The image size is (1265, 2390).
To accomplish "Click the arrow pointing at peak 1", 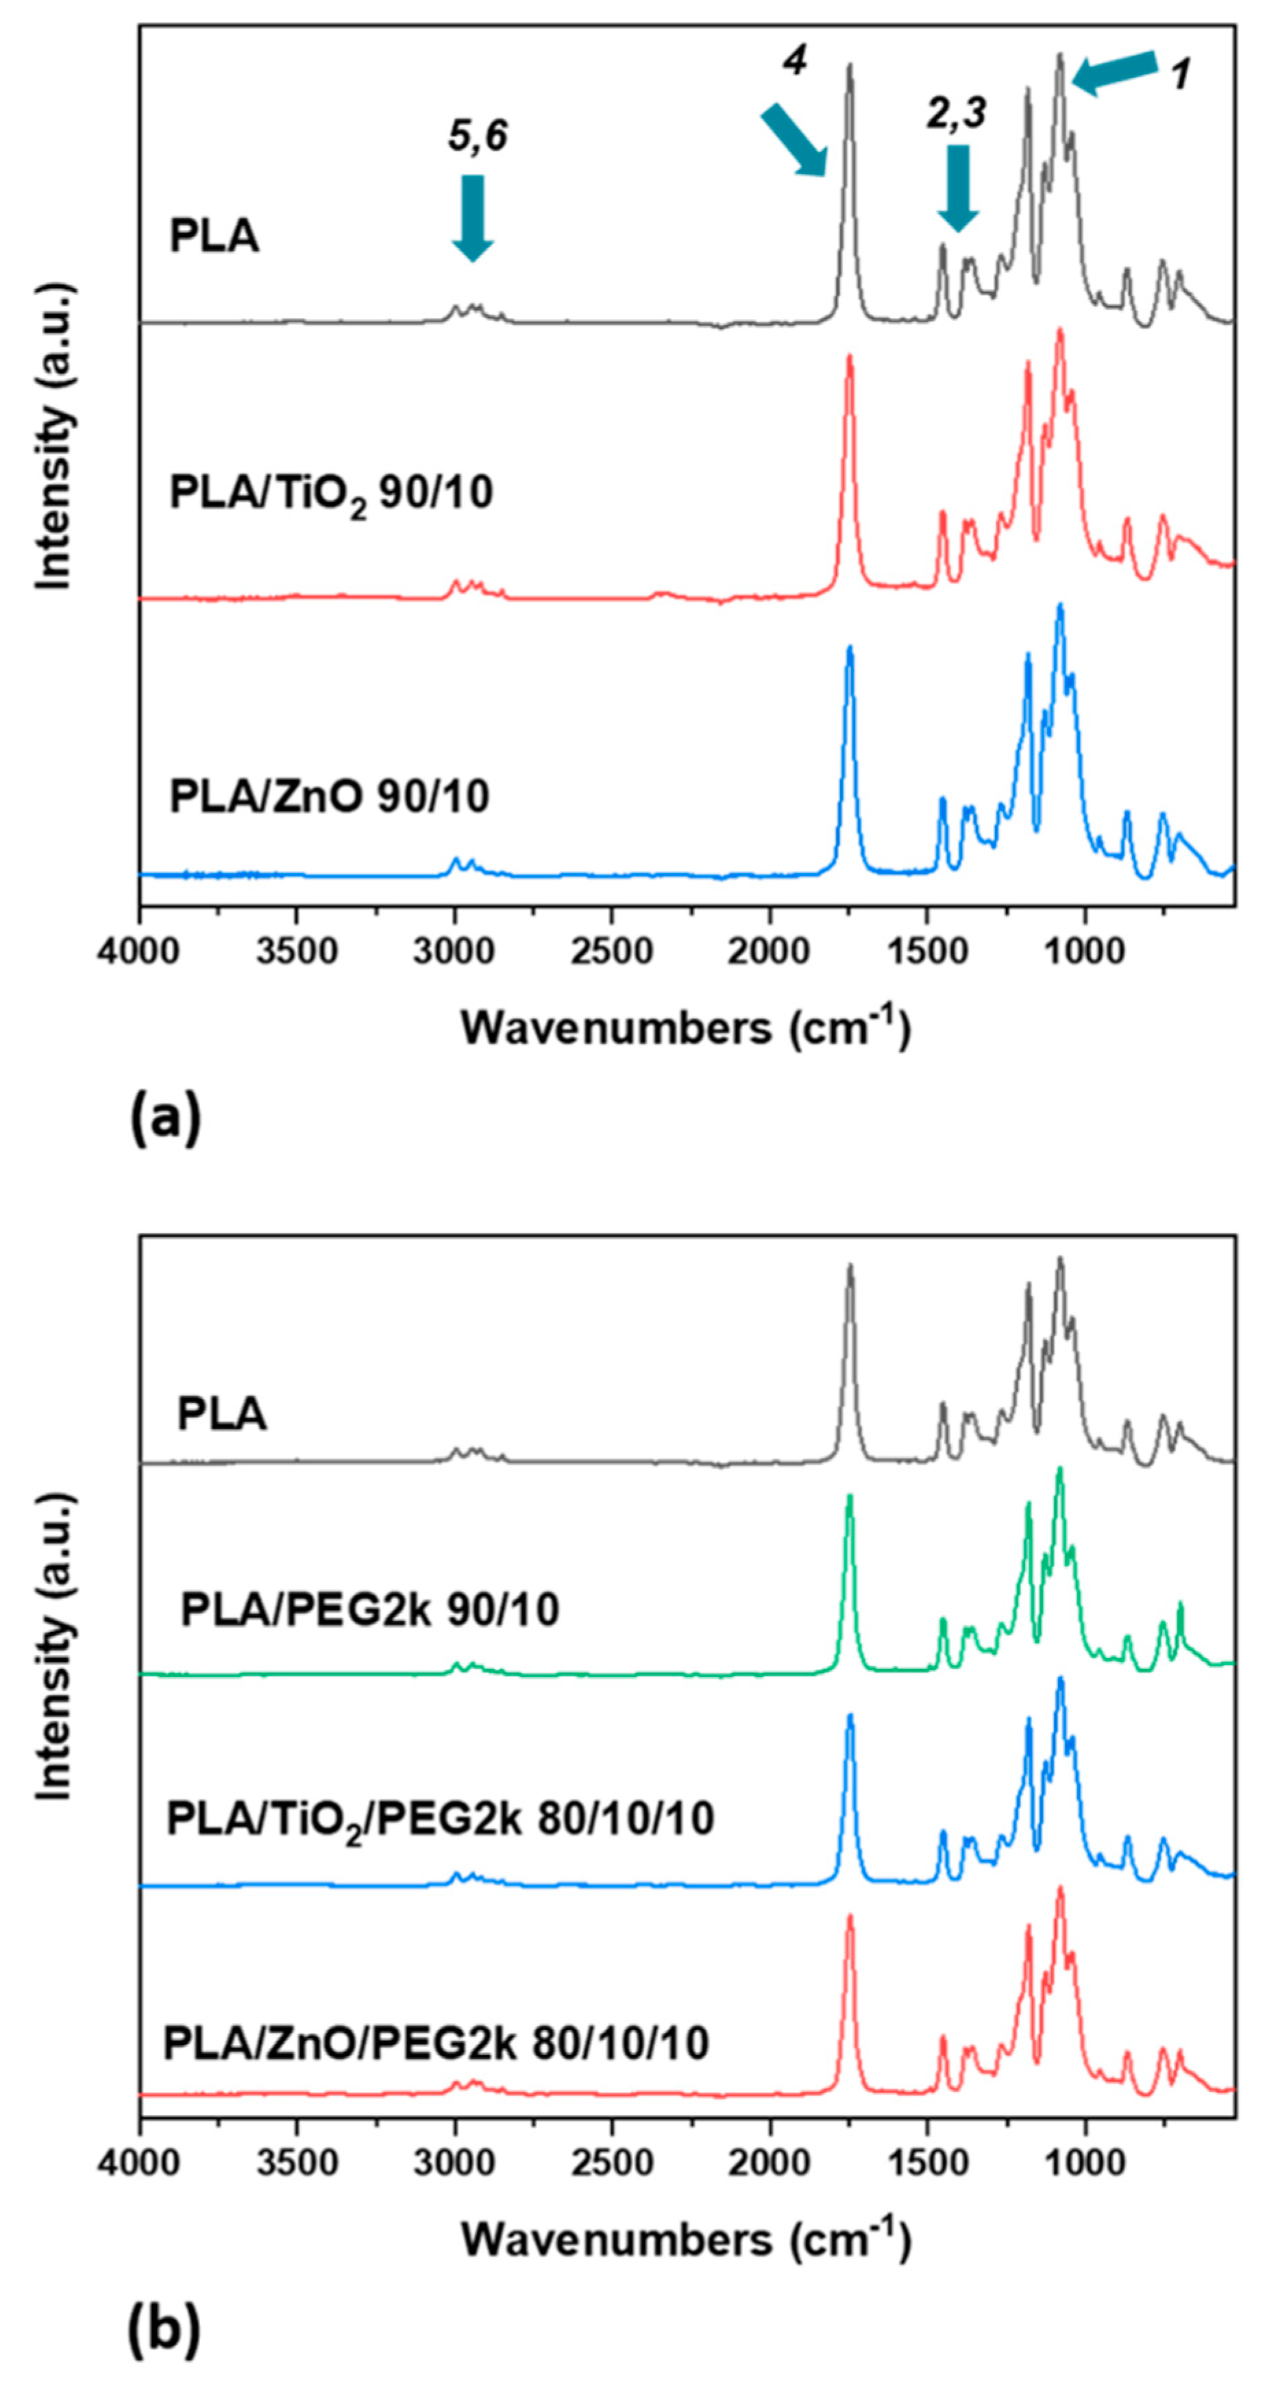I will pos(1114,73).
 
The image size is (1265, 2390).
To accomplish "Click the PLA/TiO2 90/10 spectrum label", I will pos(330,493).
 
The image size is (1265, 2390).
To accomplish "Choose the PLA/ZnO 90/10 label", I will pos(329,796).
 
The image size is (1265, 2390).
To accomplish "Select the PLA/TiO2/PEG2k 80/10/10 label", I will pos(439,1818).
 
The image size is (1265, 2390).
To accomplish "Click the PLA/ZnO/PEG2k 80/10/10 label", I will pos(436,2043).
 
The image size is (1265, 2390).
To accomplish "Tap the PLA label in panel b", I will pos(221,1415).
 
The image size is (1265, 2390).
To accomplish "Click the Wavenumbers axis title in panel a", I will pos(685,1026).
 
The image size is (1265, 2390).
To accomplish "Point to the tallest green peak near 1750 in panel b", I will pos(848,1496).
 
